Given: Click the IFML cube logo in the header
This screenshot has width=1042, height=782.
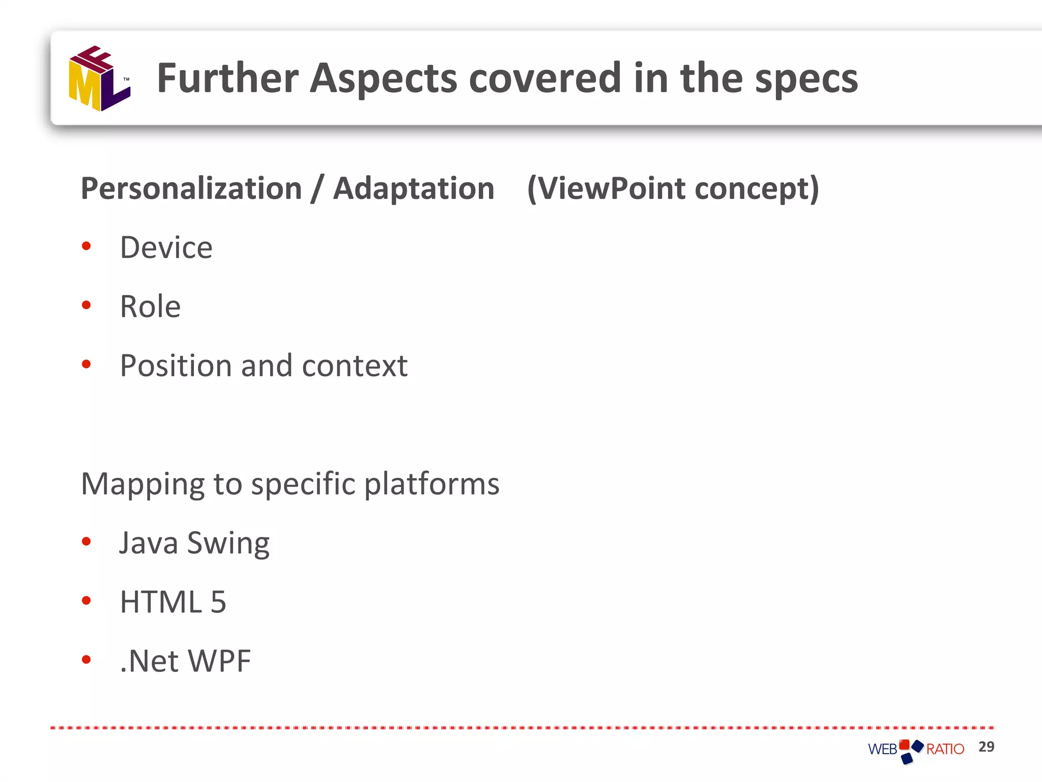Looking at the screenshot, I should (99, 79).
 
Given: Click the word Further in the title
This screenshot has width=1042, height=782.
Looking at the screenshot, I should (227, 78).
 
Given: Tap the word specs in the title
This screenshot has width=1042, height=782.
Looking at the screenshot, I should (806, 79).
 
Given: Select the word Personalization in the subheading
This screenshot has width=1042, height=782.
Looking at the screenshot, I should (191, 189).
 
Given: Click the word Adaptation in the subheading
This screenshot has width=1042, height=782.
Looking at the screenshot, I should (413, 189).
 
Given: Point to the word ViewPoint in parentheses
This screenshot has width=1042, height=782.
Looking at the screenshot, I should (611, 189).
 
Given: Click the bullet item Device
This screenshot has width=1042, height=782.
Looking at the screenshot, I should (166, 248).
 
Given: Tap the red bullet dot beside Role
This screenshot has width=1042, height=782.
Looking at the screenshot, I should (86, 305).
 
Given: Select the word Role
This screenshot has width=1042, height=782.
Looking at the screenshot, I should (150, 307).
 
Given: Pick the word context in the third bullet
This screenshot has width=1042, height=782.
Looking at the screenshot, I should (355, 366).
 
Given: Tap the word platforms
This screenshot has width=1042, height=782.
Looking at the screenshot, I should (432, 485).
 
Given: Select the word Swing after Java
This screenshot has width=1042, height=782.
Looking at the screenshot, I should (228, 544).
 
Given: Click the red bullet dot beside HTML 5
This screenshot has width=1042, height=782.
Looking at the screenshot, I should (86, 601).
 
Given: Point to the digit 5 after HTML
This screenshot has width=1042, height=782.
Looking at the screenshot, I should (218, 602).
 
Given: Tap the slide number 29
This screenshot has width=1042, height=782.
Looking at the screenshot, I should (986, 747).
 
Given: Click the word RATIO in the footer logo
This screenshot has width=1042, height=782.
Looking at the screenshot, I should (945, 749).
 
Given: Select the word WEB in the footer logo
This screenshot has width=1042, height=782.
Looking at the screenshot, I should (883, 749).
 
